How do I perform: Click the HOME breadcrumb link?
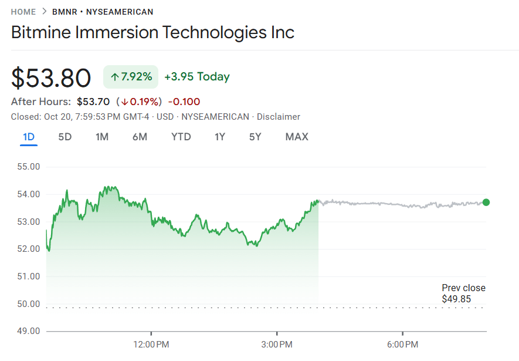(x=23, y=12)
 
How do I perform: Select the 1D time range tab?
(x=29, y=137)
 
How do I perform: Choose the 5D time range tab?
(x=65, y=137)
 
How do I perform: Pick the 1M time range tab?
(x=102, y=137)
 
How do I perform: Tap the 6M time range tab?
(x=140, y=137)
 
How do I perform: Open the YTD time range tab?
(x=181, y=137)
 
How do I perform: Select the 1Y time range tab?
(x=220, y=137)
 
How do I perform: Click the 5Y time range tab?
(x=255, y=137)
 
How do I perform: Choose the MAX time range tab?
(x=297, y=137)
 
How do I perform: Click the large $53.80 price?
(x=51, y=78)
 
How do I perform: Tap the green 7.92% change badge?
(x=131, y=77)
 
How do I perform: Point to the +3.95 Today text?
(x=197, y=77)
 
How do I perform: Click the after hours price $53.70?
(x=93, y=102)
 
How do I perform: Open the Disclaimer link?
(x=279, y=117)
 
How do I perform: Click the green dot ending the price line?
(x=486, y=203)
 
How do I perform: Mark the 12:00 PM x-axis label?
(x=152, y=343)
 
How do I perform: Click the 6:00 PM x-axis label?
(x=403, y=343)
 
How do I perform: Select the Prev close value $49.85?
(x=456, y=299)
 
